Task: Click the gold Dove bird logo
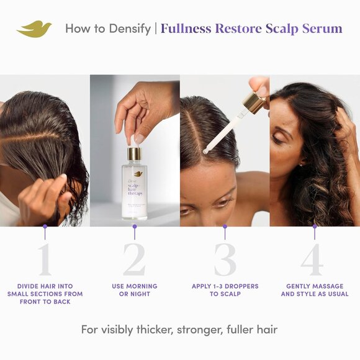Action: click(35, 29)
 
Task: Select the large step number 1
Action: click(45, 259)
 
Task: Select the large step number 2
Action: click(134, 259)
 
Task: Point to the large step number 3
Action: click(225, 259)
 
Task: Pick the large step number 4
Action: click(314, 259)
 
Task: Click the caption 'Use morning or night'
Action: click(135, 290)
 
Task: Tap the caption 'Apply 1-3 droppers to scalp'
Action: click(225, 290)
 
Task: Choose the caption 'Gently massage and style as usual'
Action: click(315, 290)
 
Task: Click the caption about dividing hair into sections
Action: click(45, 294)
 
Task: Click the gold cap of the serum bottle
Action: click(135, 153)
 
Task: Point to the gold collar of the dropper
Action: click(253, 102)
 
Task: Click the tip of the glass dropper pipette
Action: click(207, 150)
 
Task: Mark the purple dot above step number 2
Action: click(135, 227)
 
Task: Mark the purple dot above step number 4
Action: click(315, 227)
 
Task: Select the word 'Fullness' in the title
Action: click(186, 29)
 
